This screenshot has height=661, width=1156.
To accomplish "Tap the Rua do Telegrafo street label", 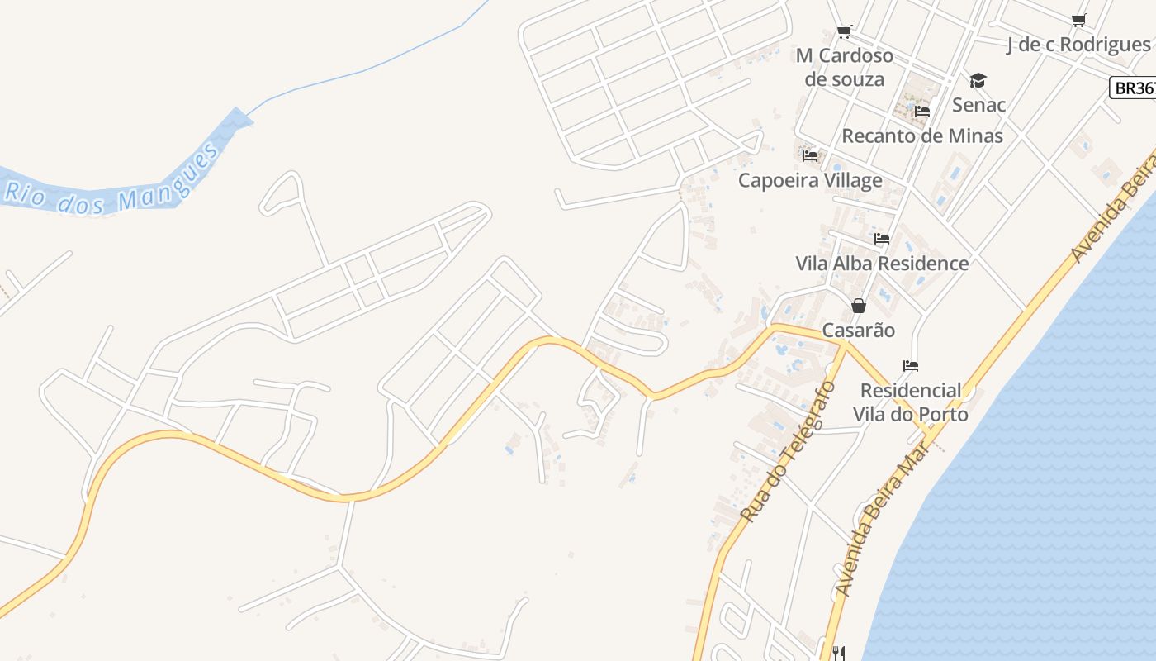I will pos(789,450).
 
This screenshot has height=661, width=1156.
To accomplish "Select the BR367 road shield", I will pos(1133,88).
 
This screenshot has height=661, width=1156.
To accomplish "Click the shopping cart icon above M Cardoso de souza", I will pos(844,32).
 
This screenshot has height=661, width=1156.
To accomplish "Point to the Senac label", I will pos(978,105).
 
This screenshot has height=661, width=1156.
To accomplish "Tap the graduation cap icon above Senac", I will pos(978,80).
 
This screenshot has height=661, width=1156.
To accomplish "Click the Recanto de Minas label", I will pos(921,136).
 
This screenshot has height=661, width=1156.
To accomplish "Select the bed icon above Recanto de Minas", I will pos(922,112).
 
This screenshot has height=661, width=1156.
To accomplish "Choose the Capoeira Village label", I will pos(810,180).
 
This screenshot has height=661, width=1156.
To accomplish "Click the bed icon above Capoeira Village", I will pos(810,155).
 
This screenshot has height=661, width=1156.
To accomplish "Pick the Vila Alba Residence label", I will pos(882,264).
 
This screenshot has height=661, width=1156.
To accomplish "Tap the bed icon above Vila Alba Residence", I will pos(882,239).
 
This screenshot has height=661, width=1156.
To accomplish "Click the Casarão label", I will pos(859,330).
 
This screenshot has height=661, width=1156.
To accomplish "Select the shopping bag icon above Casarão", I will pos(859,306).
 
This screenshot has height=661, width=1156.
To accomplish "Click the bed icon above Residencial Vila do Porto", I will pos(911,366).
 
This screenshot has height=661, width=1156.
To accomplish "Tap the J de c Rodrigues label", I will pos(1078,45).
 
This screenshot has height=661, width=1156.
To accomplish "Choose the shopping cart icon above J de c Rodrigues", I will pos(1078,21).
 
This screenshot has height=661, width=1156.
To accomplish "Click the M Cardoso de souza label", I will pos(845,67).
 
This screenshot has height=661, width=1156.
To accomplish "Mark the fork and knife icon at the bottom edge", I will pos(838,654).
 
